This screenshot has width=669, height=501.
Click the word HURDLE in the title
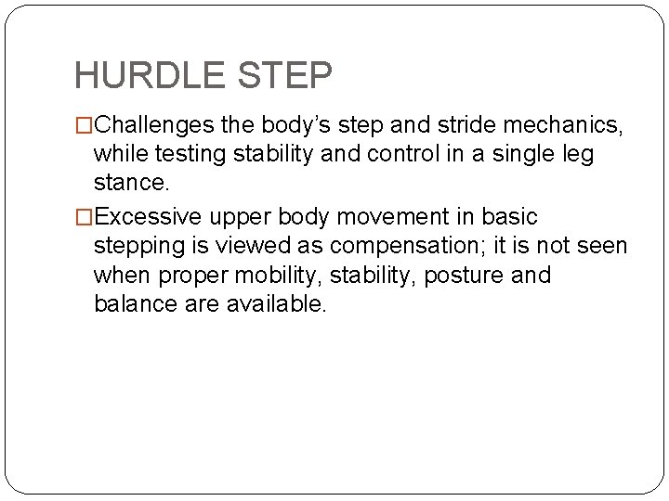148,75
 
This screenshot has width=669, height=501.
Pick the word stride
464,123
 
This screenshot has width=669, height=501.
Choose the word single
526,152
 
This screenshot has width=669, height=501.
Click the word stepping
137,247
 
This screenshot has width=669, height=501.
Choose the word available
277,304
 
